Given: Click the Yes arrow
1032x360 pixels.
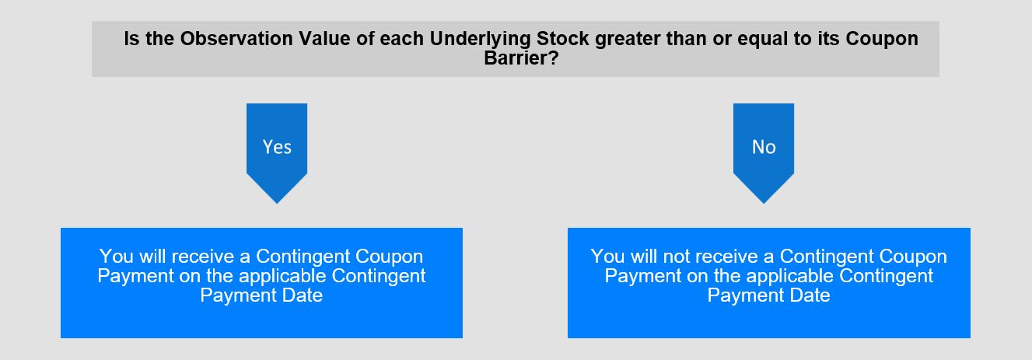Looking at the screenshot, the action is (277, 147).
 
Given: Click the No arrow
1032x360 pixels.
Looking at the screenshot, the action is (764, 147).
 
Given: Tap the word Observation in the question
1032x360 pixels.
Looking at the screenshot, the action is (236, 39).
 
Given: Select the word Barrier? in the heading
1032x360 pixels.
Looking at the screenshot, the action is (521, 58).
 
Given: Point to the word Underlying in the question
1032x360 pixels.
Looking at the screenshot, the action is (481, 39).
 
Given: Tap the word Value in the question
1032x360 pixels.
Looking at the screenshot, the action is (324, 39).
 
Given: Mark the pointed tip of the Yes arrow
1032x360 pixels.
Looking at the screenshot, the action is (277, 203).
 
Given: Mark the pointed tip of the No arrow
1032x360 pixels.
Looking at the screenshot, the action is (764, 203).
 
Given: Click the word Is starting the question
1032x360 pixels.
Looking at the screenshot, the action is (131, 39).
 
